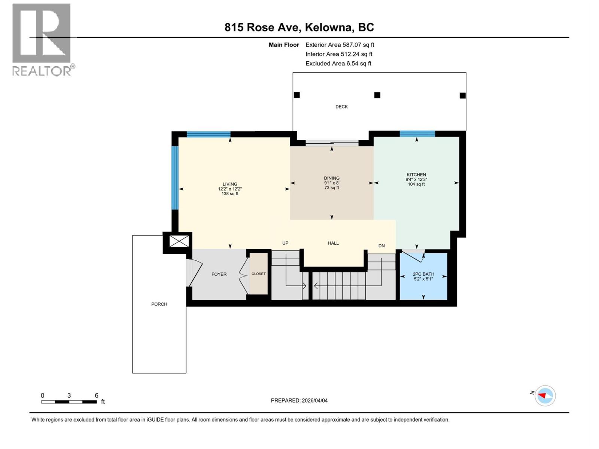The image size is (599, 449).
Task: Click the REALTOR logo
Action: [x=42, y=39]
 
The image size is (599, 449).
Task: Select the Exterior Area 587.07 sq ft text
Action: [x=340, y=45]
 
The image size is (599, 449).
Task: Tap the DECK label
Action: [x=341, y=107]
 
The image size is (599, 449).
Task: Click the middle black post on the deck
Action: [x=377, y=95]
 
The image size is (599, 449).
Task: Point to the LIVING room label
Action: [x=230, y=184]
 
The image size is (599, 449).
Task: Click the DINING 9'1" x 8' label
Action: [x=332, y=183]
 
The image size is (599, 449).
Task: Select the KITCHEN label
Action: [x=416, y=175]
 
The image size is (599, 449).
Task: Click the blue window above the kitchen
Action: [x=417, y=134]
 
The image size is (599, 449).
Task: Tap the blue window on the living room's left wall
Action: [x=174, y=177]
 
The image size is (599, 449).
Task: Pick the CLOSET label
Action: [x=258, y=274]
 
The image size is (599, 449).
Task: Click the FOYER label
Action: [x=219, y=274]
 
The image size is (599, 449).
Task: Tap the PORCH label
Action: [x=159, y=304]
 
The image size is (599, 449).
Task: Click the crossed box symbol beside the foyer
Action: [x=179, y=241]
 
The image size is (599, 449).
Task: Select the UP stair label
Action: [x=285, y=243]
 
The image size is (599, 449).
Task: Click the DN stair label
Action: [x=381, y=246]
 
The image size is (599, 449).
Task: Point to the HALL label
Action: [x=333, y=243]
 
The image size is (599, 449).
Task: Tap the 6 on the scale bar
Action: [x=97, y=395]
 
